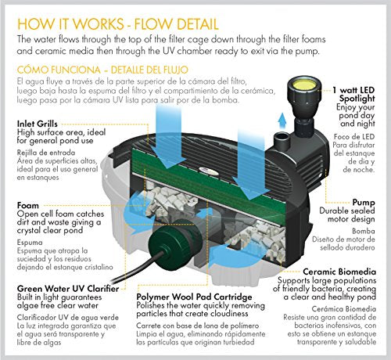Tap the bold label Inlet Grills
45,123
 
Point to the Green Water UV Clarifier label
70,288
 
